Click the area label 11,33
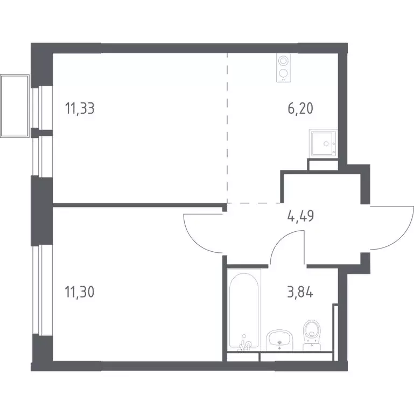point(80,109)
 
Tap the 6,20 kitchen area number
point(300,109)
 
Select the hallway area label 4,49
point(300,216)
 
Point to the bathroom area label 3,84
point(300,293)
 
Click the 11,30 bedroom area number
point(80,292)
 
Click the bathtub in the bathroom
point(244,310)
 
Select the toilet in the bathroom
point(312,335)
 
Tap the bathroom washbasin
point(279,340)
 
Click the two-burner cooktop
point(283,68)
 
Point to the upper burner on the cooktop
point(283,61)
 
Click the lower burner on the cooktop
point(283,73)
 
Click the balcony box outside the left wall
point(15,106)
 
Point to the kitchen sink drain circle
point(326,144)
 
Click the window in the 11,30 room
point(39,290)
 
